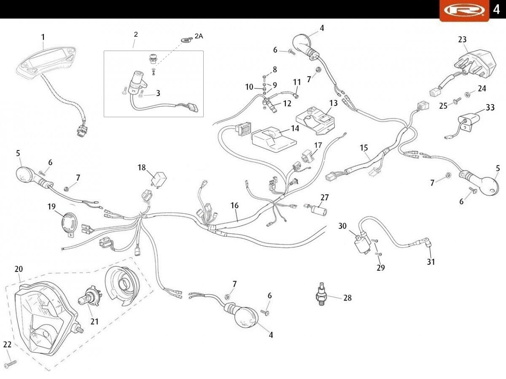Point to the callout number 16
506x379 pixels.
coord(234,205)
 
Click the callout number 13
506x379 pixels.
coord(334,102)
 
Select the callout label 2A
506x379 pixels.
coord(198,36)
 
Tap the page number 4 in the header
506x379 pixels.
coord(496,9)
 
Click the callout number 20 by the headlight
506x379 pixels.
coord(19,269)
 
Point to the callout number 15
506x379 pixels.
coord(364,148)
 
